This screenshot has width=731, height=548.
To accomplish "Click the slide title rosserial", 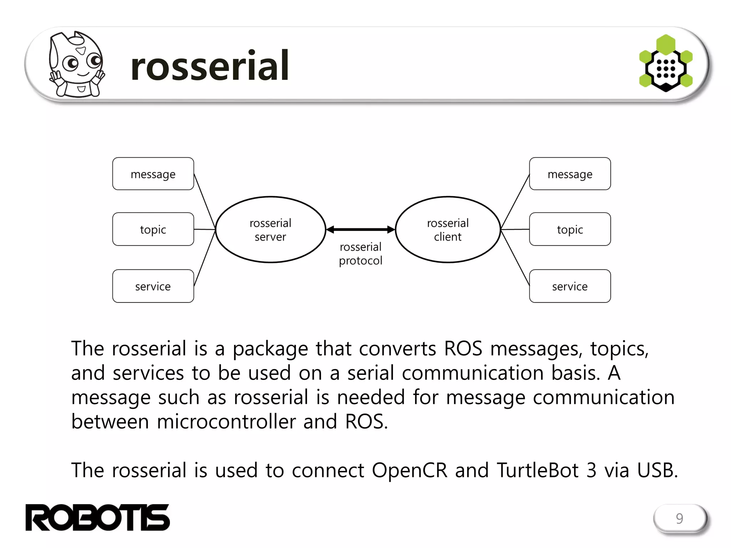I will [210, 66].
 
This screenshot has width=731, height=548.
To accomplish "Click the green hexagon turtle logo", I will [665, 64].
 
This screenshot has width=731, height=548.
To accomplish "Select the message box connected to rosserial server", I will [153, 174].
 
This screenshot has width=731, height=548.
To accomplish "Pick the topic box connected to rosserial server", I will [153, 229].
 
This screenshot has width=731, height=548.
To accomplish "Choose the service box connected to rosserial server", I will [153, 286].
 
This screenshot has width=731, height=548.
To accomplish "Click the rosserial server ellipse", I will [271, 229].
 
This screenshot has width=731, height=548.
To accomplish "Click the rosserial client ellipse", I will [448, 229].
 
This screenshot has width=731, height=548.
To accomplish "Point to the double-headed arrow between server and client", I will [361, 229].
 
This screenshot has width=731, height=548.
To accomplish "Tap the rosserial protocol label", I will [361, 254].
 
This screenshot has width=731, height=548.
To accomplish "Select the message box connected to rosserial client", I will [570, 174].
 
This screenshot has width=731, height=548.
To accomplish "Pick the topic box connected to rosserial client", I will [570, 229].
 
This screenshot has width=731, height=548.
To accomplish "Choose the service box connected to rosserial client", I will [570, 286].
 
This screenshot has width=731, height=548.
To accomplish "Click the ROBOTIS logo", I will [97, 517].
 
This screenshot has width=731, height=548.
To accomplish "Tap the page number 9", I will [679, 518].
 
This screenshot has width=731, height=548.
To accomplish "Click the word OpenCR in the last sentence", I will [409, 470].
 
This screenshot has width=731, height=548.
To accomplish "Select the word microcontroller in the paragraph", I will [226, 422].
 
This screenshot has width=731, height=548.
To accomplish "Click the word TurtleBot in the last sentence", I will [538, 470].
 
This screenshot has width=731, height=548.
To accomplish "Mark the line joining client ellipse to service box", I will [515, 258].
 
